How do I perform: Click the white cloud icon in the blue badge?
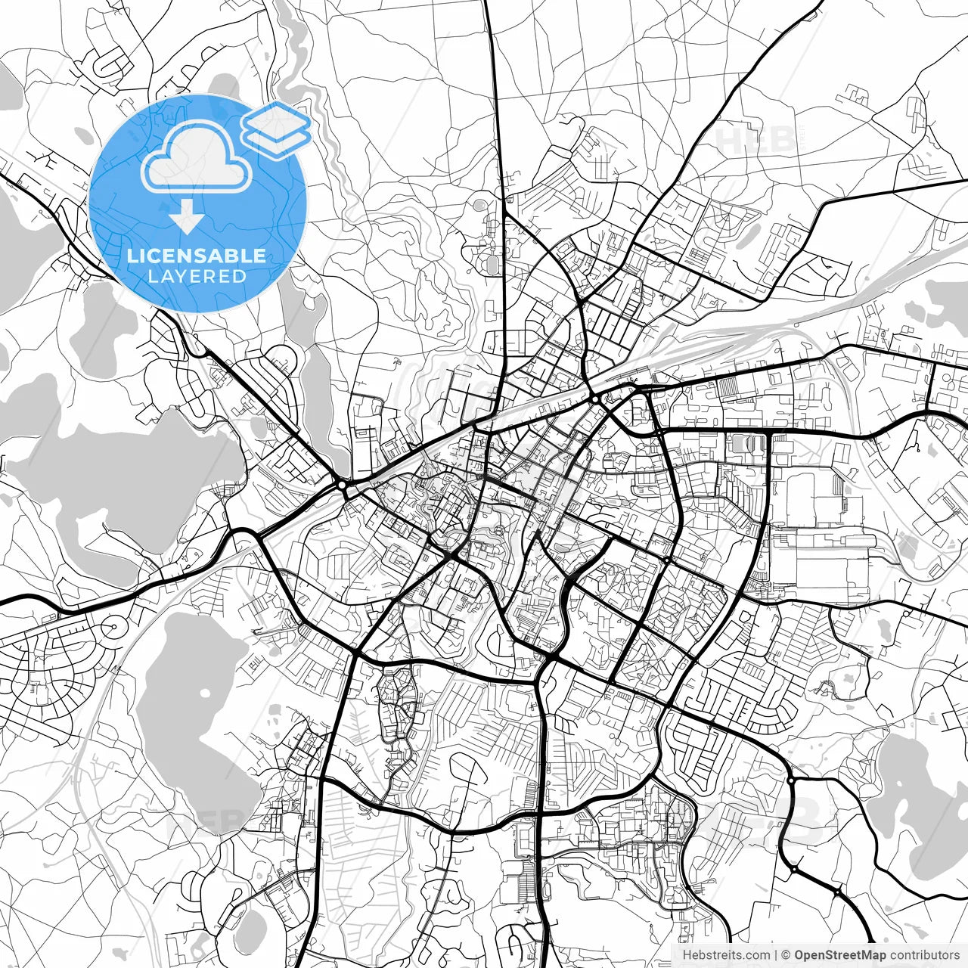click(197, 157)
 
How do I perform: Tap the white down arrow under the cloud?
click(186, 219)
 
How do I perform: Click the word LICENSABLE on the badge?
click(197, 256)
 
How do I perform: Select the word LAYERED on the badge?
click(197, 277)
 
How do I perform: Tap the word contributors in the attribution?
click(925, 955)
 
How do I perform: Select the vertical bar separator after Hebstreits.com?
click(776, 955)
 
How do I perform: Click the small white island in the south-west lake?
click(204, 693)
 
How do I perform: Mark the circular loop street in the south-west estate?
click(114, 628)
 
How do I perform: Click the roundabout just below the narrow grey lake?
click(343, 484)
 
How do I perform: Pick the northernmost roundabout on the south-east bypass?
click(790, 779)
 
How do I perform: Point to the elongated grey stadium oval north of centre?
click(493, 265)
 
